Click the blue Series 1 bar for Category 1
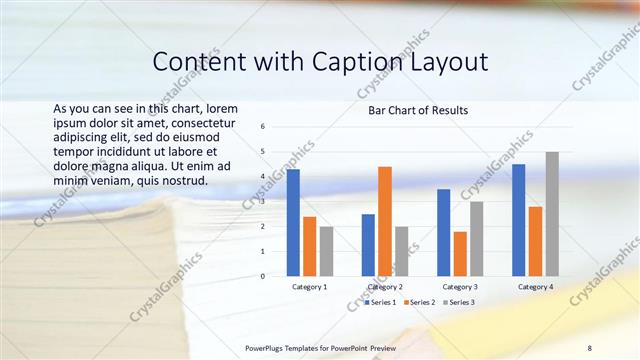(293, 222)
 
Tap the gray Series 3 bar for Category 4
(552, 213)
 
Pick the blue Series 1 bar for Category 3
(443, 232)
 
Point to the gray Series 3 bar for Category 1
(326, 251)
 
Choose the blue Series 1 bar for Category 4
(519, 220)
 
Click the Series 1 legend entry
(381, 301)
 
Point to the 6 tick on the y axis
(262, 127)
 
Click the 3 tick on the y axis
(262, 201)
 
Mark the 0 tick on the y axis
(262, 276)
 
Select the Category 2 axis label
(385, 287)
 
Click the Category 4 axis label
(535, 287)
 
